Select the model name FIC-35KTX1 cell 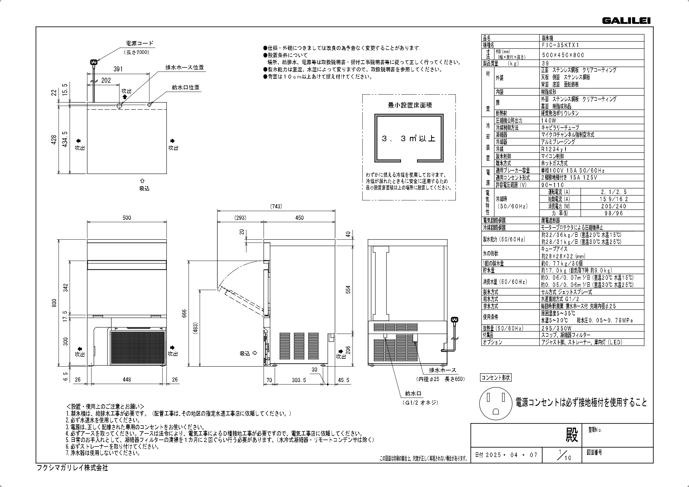tap(560, 45)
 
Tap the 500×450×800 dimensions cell tap(563, 55)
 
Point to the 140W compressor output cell tap(549, 120)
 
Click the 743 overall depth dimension tap(276, 206)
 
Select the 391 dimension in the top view tap(118, 69)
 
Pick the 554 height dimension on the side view tap(348, 289)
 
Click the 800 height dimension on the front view tap(54, 303)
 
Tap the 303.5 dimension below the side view tap(299, 380)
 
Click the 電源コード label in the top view tap(140, 43)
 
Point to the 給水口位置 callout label tap(185, 87)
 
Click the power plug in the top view tap(94, 62)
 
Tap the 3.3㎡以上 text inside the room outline tap(408, 139)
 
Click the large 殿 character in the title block tap(572, 435)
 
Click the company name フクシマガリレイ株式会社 tap(72, 468)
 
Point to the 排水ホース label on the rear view tap(442, 370)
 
